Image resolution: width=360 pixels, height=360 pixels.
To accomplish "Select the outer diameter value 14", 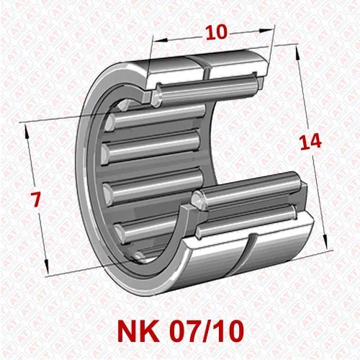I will pos(311,143).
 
